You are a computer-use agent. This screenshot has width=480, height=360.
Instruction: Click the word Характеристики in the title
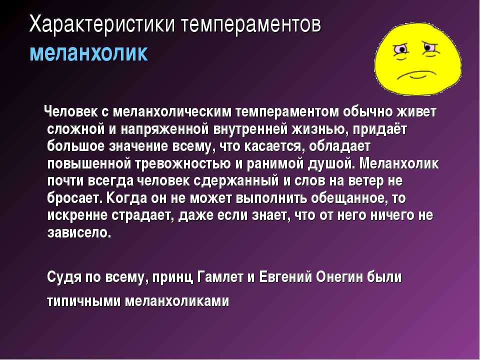(x=102, y=25)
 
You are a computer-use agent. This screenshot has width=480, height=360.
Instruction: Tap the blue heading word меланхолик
(x=89, y=53)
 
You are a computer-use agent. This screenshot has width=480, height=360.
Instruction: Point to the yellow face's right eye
(x=429, y=47)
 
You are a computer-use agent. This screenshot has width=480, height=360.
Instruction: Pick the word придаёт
(x=380, y=129)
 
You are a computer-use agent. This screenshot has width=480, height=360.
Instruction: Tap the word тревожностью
(x=183, y=164)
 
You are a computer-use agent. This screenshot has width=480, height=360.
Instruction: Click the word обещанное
(x=347, y=198)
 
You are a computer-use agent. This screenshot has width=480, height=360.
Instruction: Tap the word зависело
(x=79, y=233)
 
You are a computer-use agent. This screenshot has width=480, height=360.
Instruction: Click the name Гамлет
(x=220, y=277)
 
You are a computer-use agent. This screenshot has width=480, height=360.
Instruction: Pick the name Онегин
(x=339, y=277)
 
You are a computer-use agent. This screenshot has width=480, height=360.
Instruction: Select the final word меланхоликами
(x=177, y=301)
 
